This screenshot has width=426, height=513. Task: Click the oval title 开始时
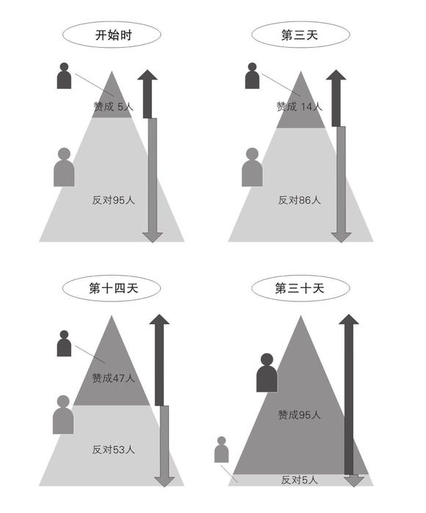(x=112, y=35)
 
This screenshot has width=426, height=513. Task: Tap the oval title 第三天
(x=300, y=35)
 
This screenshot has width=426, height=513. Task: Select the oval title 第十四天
(x=112, y=288)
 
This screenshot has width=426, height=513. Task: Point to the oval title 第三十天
(x=300, y=288)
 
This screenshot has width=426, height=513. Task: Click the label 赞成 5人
(x=113, y=107)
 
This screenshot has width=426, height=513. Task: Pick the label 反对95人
(x=113, y=200)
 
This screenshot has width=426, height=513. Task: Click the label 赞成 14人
(x=299, y=107)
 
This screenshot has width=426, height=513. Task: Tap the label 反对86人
(x=300, y=200)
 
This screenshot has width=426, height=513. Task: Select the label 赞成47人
(x=113, y=379)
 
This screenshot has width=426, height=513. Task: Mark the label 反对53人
(x=113, y=450)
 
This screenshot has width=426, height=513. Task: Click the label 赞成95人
(x=299, y=415)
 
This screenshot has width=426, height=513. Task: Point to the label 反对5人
(x=299, y=480)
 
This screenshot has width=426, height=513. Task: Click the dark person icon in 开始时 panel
(x=64, y=76)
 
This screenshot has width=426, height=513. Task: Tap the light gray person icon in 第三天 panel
(x=252, y=167)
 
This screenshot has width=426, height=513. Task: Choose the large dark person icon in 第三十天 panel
(x=267, y=373)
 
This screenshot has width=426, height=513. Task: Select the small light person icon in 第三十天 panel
(x=221, y=449)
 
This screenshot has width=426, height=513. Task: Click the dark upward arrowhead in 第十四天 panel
(x=159, y=320)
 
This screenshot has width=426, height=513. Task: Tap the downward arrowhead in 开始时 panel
(x=152, y=237)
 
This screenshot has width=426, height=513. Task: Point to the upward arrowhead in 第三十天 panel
(x=349, y=320)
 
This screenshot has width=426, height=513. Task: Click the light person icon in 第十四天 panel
(x=63, y=415)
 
